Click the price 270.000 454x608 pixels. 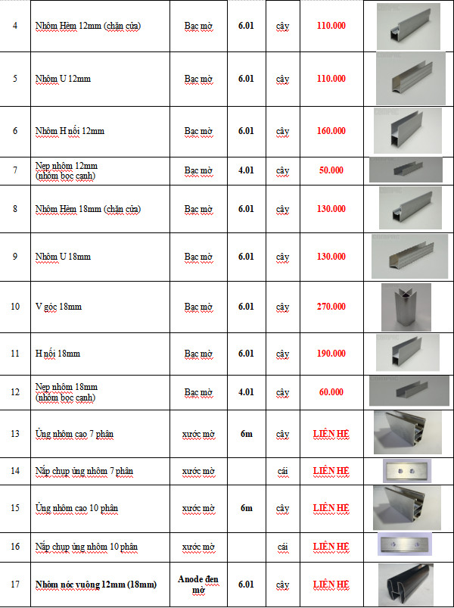[x=331, y=307]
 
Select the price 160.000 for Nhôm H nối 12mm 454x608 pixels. [x=331, y=131]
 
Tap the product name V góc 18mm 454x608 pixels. [x=58, y=307]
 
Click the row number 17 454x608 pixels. [x=15, y=585]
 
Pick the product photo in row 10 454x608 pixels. [x=406, y=307]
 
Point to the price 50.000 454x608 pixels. [x=331, y=170]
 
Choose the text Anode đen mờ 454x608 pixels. [x=198, y=584]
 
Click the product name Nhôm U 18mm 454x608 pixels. [x=63, y=257]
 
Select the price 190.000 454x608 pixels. [x=331, y=354]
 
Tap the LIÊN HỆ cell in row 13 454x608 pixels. [x=331, y=434]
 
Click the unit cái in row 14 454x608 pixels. [x=283, y=471]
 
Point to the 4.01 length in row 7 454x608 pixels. [x=246, y=170]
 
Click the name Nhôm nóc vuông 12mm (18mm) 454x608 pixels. [x=95, y=585]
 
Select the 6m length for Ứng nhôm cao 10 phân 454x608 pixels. [x=246, y=507]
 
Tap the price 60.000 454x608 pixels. [x=331, y=392]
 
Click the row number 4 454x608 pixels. [x=15, y=26]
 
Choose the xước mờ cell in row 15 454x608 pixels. [x=198, y=507]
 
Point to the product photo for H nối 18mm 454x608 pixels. [x=407, y=353]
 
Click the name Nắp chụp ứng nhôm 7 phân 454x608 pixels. [x=84, y=471]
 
